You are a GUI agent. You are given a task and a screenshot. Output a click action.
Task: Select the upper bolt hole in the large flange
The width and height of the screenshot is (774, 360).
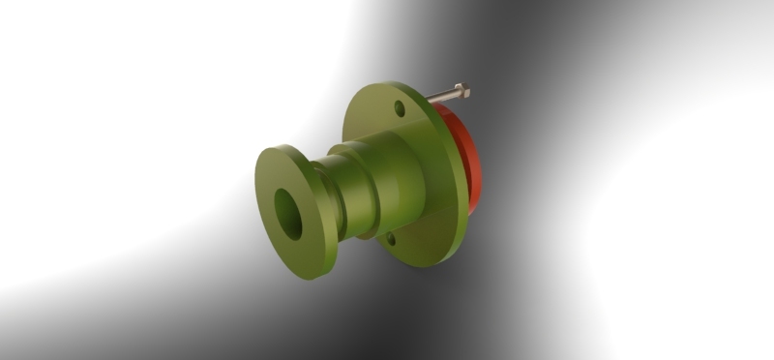(400, 107)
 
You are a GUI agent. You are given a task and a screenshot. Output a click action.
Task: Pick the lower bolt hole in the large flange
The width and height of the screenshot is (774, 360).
(391, 238)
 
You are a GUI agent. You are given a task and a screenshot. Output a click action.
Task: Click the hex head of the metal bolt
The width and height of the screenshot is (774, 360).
(461, 91)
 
